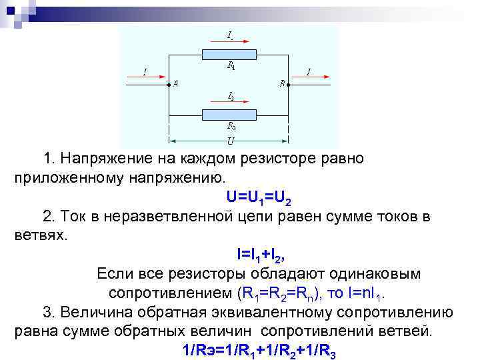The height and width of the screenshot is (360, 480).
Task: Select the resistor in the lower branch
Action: click(228, 113)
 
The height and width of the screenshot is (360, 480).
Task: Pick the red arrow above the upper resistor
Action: click(228, 40)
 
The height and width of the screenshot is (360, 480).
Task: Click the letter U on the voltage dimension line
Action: click(230, 141)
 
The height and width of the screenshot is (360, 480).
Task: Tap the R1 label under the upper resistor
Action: click(231, 66)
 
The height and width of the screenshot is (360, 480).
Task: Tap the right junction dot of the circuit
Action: click(289, 84)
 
